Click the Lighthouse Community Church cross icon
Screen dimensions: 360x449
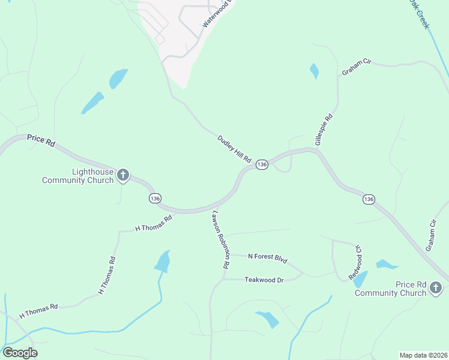pos(122,175)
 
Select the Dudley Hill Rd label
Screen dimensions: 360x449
pos(234,148)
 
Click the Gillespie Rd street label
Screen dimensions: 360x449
pos(324,130)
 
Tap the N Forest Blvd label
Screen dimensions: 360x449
pos(268,258)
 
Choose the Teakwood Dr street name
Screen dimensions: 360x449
pos(264,280)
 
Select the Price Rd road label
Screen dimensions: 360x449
pos(41,139)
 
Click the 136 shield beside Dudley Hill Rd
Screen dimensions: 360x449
pos(261,164)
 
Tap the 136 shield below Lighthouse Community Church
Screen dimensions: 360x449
pos(155,198)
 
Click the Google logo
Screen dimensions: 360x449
pos(20,353)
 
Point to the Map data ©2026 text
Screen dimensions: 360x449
pos(423,355)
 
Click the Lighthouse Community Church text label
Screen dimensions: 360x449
pos(77,176)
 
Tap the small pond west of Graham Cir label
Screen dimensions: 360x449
pos(313,71)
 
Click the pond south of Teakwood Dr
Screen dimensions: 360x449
pos(267,319)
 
